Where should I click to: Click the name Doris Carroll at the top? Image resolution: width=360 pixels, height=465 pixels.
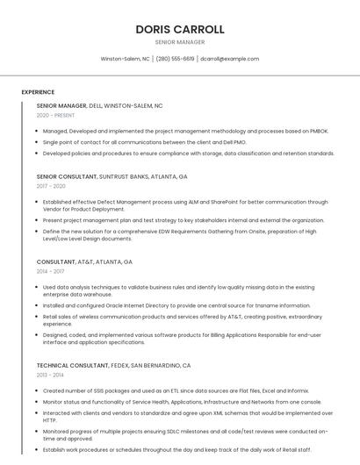tap(180, 29)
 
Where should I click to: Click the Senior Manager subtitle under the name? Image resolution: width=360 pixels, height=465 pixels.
tap(180, 42)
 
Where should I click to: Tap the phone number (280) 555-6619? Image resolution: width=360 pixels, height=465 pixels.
tap(175, 59)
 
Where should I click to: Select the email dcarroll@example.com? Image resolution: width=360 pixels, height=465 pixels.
tap(229, 59)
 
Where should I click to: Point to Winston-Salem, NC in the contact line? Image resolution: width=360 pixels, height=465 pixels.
tap(125, 59)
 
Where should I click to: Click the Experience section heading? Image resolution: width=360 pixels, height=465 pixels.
tap(38, 92)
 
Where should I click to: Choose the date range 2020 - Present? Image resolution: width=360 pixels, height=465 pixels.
tap(55, 115)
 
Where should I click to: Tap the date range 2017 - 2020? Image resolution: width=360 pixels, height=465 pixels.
tap(51, 186)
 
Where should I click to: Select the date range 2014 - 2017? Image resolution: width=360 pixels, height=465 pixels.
tap(50, 271)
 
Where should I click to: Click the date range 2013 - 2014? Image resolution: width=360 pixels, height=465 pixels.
tap(50, 375)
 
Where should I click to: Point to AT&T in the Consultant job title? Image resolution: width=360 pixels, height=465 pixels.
tap(85, 261)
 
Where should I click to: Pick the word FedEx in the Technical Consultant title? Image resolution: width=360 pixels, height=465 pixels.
tap(121, 365)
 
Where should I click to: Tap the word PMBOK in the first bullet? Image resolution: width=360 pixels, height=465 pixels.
tap(318, 131)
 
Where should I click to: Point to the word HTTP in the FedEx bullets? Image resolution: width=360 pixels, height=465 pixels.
tap(49, 420)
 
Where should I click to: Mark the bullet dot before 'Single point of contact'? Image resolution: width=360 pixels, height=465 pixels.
tap(38, 142)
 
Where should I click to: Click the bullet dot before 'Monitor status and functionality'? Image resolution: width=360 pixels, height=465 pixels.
tap(38, 402)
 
